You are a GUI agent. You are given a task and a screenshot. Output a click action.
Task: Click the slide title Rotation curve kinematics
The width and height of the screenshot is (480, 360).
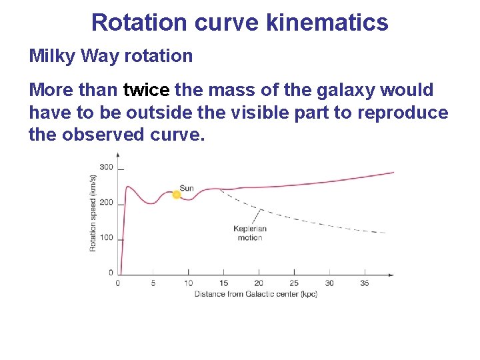[239, 22]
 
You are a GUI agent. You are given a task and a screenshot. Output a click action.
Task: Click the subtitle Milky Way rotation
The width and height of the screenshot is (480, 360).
[111, 56]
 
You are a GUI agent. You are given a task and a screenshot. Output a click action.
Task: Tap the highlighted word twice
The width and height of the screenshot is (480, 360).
[147, 90]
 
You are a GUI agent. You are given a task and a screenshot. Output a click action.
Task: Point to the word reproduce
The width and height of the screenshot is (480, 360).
[403, 113]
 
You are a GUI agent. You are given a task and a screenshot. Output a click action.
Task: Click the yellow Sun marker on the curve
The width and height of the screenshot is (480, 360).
[177, 195]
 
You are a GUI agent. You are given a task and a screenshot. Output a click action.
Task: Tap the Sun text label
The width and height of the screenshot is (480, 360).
[187, 188]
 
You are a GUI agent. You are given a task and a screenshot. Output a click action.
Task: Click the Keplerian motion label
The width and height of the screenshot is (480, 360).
[250, 233]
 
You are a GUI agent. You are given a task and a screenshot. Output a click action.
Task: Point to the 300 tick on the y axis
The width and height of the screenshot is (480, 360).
[107, 167]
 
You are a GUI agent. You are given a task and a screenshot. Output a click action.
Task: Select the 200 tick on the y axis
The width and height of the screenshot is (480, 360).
[107, 203]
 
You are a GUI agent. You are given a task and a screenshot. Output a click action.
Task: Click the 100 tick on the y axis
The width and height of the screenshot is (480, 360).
[107, 238]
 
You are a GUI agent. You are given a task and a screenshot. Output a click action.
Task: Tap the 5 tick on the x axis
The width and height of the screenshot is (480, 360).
[153, 283]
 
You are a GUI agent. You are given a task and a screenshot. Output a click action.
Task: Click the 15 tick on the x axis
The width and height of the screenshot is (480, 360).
[223, 283]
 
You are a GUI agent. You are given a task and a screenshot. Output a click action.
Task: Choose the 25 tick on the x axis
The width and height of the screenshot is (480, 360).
[294, 283]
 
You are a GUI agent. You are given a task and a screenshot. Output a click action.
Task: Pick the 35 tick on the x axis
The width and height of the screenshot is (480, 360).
[364, 283]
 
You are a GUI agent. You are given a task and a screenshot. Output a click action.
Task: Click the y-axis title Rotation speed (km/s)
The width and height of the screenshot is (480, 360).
[93, 213]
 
